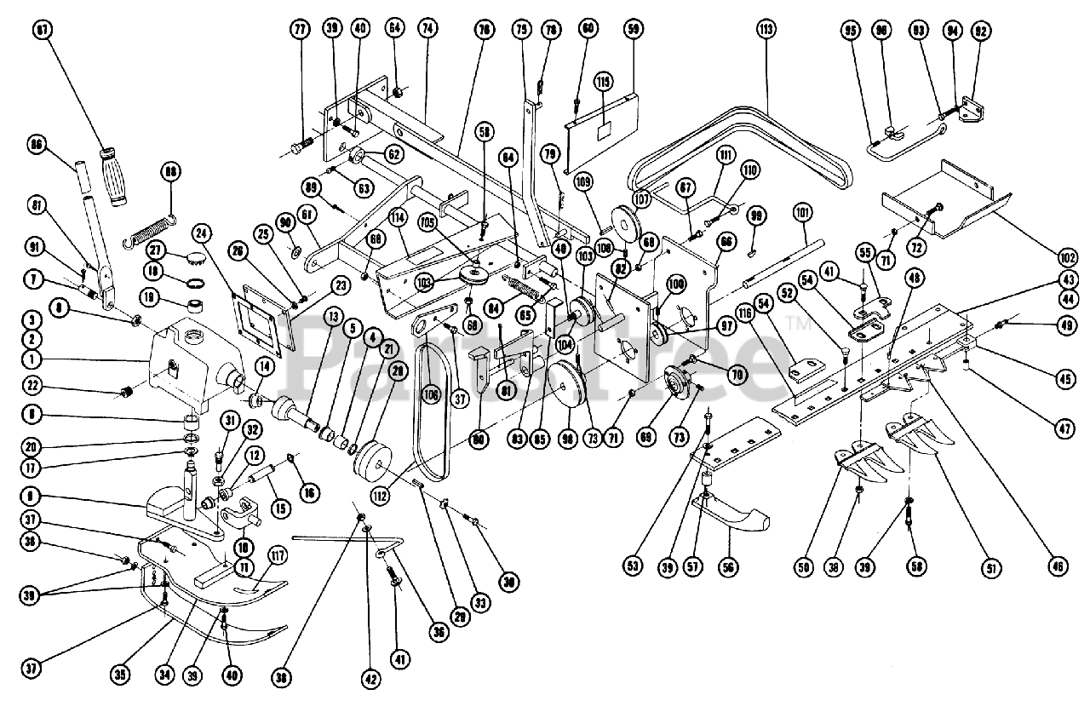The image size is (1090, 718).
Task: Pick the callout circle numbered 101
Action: [x=803, y=211]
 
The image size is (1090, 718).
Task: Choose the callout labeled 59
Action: [x=633, y=29]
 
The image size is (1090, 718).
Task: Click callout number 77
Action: [x=299, y=29]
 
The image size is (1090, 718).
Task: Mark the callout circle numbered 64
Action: [x=394, y=29]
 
